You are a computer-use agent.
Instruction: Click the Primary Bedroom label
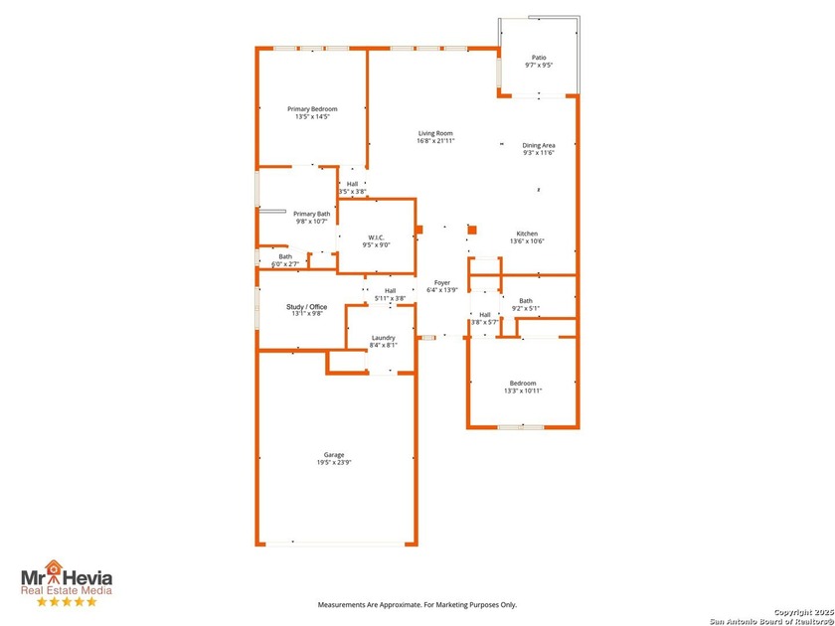(312, 109)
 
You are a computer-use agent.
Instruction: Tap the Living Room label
(435, 133)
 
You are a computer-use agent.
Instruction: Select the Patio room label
(539, 58)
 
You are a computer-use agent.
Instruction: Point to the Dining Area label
(539, 146)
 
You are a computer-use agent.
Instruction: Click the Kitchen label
(527, 234)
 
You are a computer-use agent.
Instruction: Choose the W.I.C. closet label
(376, 236)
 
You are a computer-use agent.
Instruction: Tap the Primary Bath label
(311, 214)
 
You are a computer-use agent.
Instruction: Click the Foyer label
(441, 283)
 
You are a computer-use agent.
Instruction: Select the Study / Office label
(306, 307)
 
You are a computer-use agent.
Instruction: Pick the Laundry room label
(383, 338)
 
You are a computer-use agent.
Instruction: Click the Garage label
(333, 455)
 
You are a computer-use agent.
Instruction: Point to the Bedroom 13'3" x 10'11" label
(523, 384)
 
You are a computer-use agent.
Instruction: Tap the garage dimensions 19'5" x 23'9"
(333, 463)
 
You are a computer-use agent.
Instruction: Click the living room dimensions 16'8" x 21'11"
(435, 141)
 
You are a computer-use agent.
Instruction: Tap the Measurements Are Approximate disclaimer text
(417, 604)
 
